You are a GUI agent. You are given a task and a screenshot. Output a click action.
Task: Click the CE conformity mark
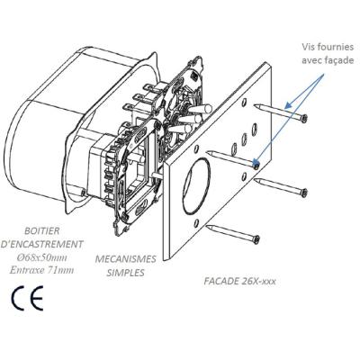(x=27, y=298)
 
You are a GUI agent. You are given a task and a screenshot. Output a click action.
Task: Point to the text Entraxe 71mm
(x=41, y=270)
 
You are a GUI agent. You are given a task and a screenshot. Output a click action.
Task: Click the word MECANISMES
(x=125, y=259)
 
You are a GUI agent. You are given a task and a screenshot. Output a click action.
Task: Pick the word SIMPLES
(x=126, y=273)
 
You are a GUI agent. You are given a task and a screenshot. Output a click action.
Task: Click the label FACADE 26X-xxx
(x=239, y=282)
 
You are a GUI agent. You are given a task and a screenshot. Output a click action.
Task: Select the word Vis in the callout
(x=308, y=47)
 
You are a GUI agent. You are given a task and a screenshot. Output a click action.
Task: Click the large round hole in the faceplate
(x=194, y=186)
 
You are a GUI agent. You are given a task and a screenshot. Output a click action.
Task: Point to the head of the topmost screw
(x=304, y=119)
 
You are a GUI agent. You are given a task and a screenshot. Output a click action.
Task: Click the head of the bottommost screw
(x=256, y=239)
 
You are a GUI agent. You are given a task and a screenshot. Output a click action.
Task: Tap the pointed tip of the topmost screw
(x=255, y=105)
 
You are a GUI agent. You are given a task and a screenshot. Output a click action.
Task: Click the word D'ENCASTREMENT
(x=41, y=244)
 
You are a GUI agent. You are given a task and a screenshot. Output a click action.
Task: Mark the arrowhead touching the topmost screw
(x=287, y=105)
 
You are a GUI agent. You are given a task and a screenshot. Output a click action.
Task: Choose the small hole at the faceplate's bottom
(x=196, y=223)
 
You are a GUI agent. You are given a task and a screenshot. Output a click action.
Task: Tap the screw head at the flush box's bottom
(x=83, y=193)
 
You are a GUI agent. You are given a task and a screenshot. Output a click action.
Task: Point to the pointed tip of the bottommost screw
(x=208, y=226)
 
